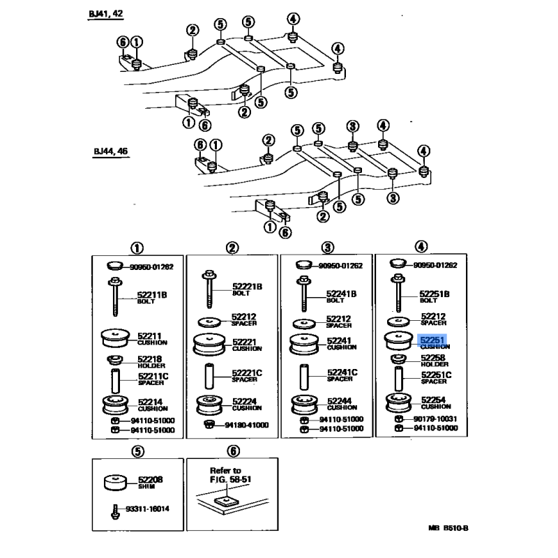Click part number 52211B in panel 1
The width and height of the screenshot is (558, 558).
153,295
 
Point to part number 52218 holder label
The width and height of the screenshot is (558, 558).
149,359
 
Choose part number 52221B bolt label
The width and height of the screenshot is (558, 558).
247,287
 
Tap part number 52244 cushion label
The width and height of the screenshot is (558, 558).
339,402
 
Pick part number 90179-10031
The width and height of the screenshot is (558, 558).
435,418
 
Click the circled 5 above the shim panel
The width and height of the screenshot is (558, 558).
137,451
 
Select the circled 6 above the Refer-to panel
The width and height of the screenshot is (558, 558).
233,451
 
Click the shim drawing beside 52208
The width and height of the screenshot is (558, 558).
116,482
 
